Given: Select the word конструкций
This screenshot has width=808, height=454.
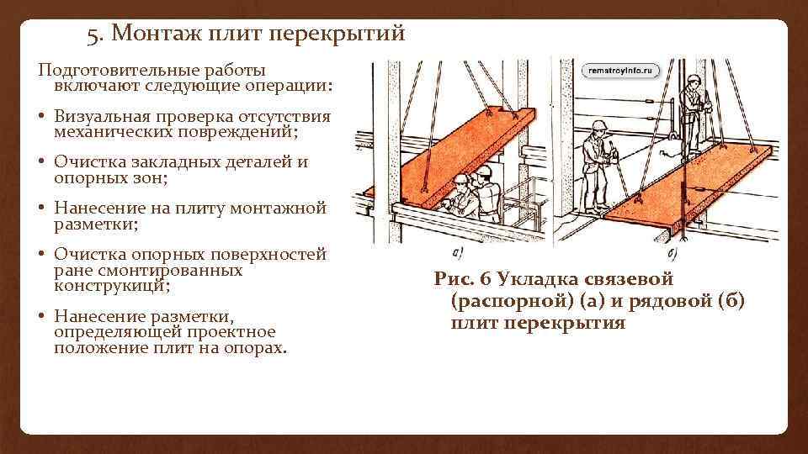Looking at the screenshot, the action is (x=112, y=286).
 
